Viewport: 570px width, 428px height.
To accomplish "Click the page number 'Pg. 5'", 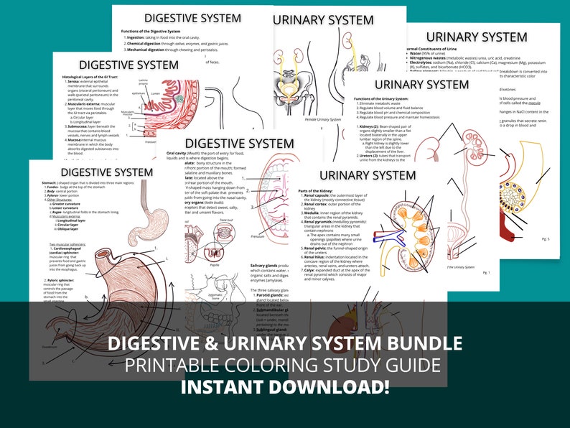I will click(546, 238).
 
